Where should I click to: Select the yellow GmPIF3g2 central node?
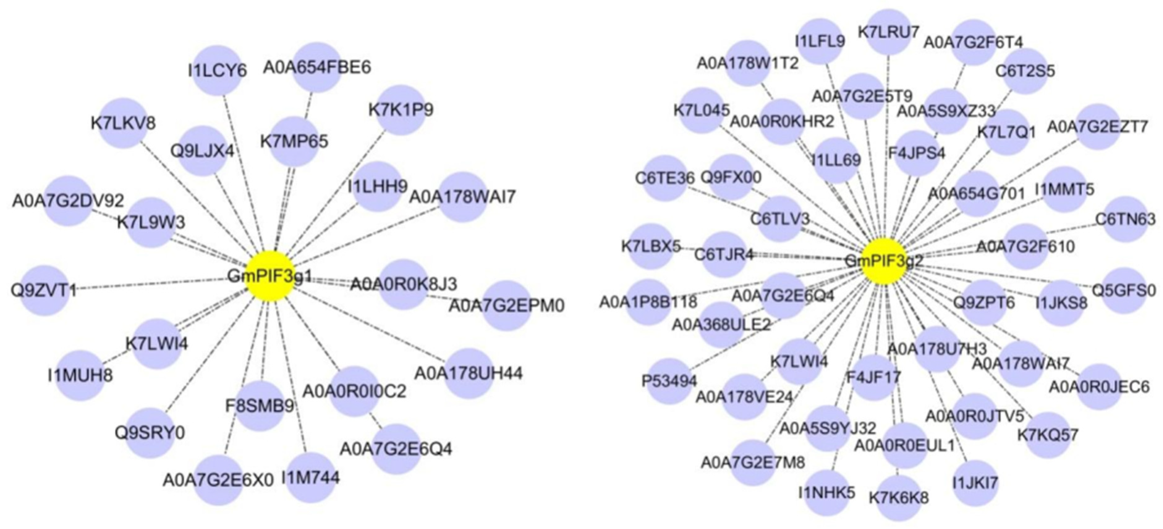click(884, 261)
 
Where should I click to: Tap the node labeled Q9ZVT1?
click(44, 290)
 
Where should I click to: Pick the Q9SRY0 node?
click(150, 432)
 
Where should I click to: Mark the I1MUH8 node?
click(80, 375)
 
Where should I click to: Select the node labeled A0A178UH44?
click(468, 373)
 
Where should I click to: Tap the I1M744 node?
click(311, 477)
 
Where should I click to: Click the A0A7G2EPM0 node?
click(506, 305)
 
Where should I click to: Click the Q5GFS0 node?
click(1124, 290)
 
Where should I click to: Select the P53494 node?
click(669, 381)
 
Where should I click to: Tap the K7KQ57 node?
click(1048, 435)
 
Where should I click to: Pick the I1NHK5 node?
click(827, 493)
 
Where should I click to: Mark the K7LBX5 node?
click(651, 247)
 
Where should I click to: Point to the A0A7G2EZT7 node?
click(1097, 126)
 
